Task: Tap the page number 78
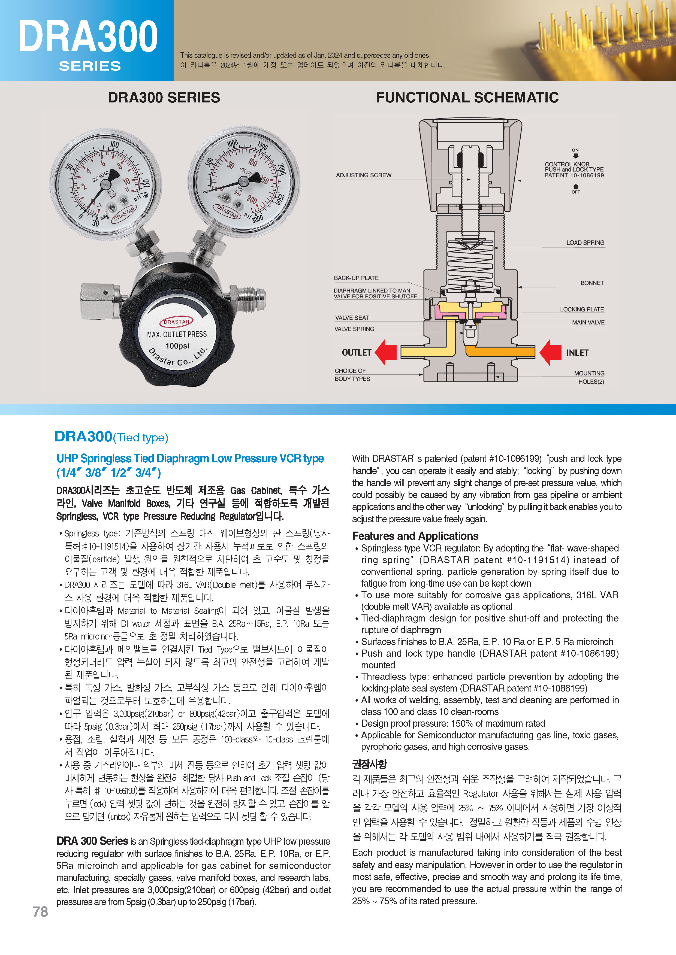40,911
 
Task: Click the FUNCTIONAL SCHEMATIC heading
467,97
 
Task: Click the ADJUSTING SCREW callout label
363,175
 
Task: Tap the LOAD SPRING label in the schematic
585,242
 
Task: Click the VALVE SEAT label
352,317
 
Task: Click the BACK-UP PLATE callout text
356,278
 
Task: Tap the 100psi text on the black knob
177,345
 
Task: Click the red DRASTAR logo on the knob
176,322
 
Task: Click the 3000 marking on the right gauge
257,218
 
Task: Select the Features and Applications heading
415,536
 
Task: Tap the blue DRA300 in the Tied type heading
83,436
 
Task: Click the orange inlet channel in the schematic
500,352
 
